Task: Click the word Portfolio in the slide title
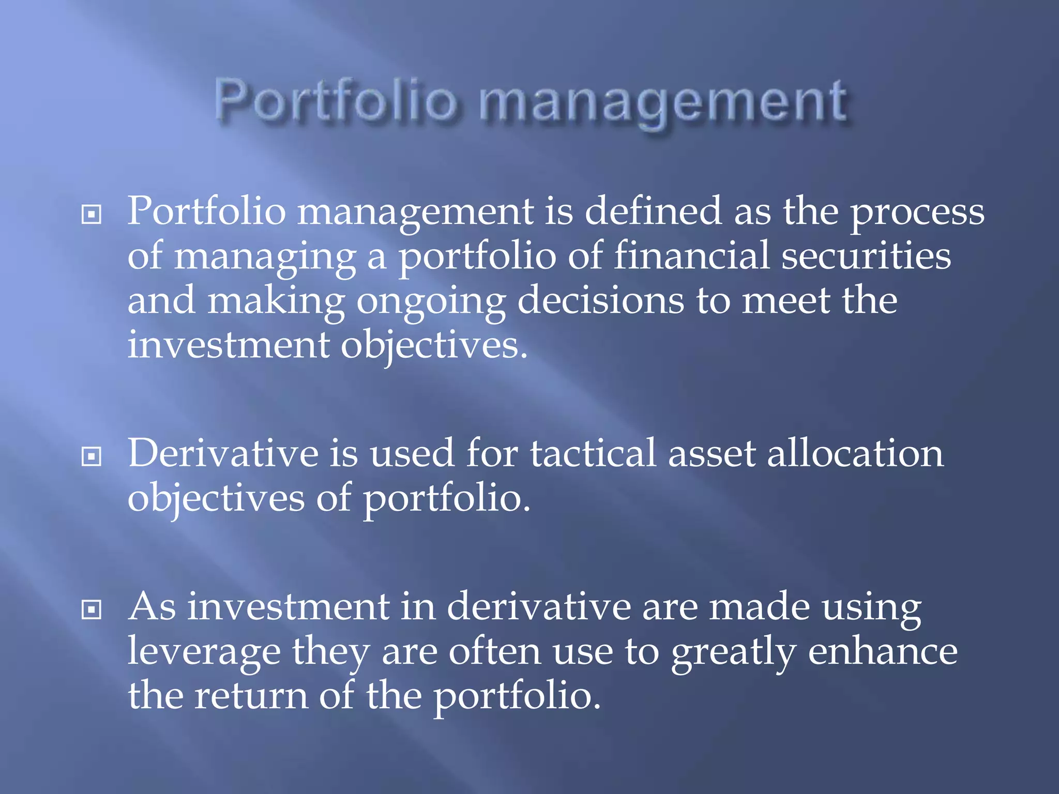pyautogui.click(x=336, y=101)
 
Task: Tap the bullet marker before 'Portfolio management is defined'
pyautogui.click(x=92, y=214)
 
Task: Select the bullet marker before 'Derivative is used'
pyautogui.click(x=92, y=456)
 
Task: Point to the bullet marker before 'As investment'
pyautogui.click(x=92, y=609)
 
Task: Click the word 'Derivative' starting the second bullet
pyautogui.click(x=223, y=453)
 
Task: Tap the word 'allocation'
pyautogui.click(x=855, y=453)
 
